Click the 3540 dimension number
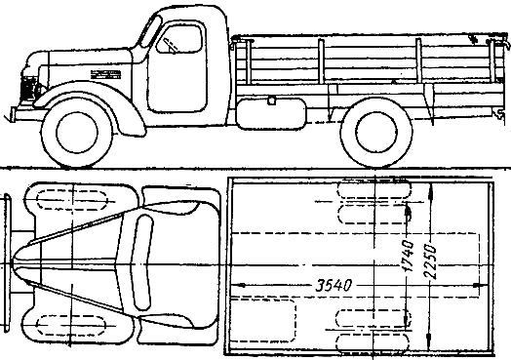334,286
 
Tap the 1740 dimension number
408,256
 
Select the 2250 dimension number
431,261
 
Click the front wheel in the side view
77,133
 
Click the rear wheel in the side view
376,133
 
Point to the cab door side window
178,39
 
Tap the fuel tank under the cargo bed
271,114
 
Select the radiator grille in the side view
28,88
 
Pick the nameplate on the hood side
105,75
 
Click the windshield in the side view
150,31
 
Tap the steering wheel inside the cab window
170,45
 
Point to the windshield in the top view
142,262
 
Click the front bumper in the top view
7,262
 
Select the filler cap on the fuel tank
271,100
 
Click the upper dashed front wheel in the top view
72,200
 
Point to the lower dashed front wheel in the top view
71,325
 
